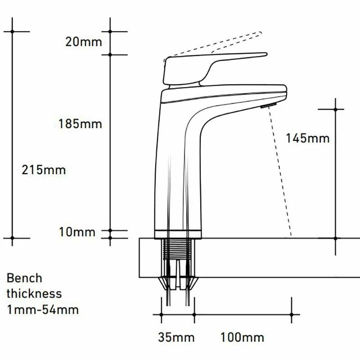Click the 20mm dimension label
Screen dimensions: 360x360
(x=84, y=42)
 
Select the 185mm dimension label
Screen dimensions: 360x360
(x=80, y=124)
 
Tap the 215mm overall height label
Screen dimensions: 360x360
(x=44, y=170)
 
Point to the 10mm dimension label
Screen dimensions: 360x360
(x=77, y=232)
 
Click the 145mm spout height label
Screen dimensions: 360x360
(x=308, y=138)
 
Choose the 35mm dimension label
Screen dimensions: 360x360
(x=176, y=337)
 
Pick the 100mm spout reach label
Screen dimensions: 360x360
(x=242, y=337)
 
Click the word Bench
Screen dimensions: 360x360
(x=24, y=278)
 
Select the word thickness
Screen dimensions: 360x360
(x=34, y=294)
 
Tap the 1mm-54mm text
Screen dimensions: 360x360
(x=43, y=310)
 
